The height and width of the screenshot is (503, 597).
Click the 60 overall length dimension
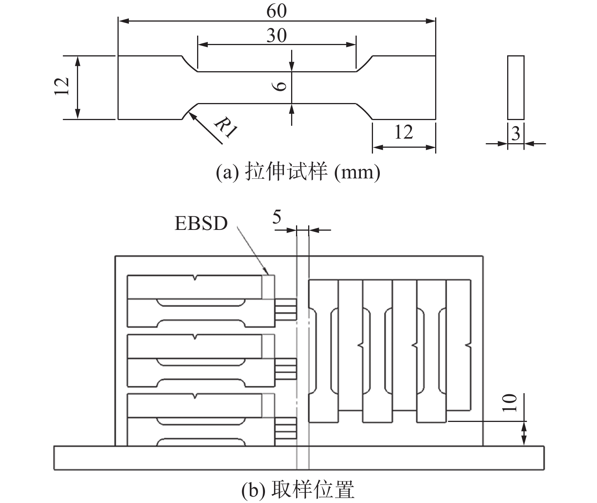tap(276, 11)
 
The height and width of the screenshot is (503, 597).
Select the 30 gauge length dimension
tap(276, 36)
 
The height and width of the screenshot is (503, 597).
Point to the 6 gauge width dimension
tap(280, 87)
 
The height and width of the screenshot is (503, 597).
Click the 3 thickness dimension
tap(516, 134)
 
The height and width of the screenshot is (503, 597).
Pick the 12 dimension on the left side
tap(62, 87)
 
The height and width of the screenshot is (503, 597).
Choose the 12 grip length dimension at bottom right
tap(403, 132)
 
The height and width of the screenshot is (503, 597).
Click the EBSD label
tap(201, 223)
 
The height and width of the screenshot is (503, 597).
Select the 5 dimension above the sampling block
tap(277, 217)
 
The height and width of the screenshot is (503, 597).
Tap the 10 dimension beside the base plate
tap(511, 403)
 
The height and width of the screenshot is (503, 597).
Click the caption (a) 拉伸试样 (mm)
tap(298, 173)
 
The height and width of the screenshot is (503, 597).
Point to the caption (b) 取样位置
tap(298, 490)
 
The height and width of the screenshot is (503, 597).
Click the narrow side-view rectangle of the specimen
tap(516, 87)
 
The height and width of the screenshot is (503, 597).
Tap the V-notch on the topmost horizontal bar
tap(194, 278)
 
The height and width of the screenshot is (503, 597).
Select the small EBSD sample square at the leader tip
tap(268, 287)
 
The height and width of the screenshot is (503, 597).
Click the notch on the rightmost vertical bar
tap(469, 346)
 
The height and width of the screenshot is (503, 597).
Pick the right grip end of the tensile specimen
tap(404, 87)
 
